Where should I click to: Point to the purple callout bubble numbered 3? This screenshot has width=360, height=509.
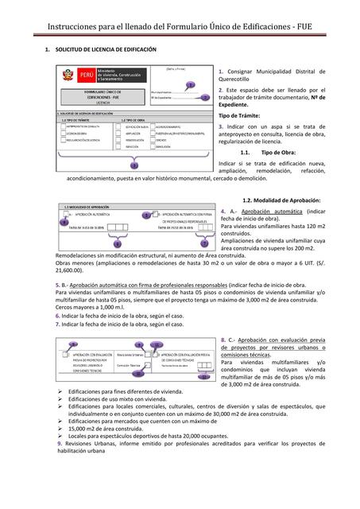tap(134, 165)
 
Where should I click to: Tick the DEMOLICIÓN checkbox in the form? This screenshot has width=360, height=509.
tap(152, 146)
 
